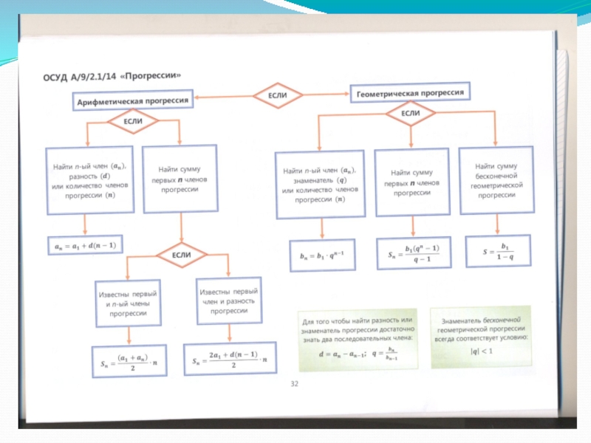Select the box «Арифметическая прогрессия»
coord(132,101)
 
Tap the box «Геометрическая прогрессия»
coord(410,94)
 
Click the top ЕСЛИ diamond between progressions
coord(278,95)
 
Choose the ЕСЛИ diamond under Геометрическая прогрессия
coord(410,113)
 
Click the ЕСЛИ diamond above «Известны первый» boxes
coord(182,255)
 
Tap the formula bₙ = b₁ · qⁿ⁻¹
coord(322,255)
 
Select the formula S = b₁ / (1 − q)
coord(494,251)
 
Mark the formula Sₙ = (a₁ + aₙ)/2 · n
coord(130,362)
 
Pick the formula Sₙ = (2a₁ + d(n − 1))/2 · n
coord(230,360)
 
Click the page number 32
coord(294,383)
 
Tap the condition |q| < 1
coord(482,350)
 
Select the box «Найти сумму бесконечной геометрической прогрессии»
coord(496,181)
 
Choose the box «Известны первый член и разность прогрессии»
coord(228,301)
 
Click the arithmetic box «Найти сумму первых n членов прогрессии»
coord(179,179)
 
